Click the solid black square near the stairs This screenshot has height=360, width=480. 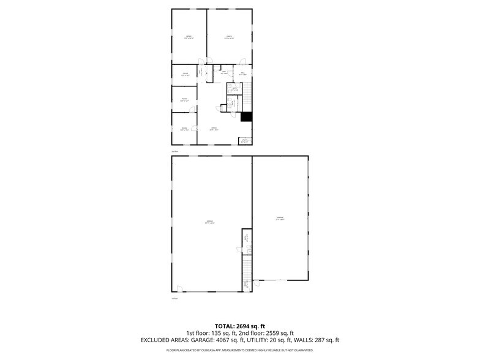(x=246, y=116)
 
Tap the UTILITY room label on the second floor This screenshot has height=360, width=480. (x=244, y=141)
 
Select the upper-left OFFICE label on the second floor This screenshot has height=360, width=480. (x=189, y=38)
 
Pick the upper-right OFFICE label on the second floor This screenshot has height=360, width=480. (x=229, y=38)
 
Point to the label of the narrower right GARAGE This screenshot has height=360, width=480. (x=280, y=218)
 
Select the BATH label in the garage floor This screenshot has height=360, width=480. (x=247, y=238)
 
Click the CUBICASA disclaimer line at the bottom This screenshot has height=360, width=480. (x=239, y=350)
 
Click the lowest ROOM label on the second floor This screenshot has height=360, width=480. (x=184, y=129)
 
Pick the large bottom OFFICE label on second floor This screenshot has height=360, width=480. (x=214, y=129)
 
